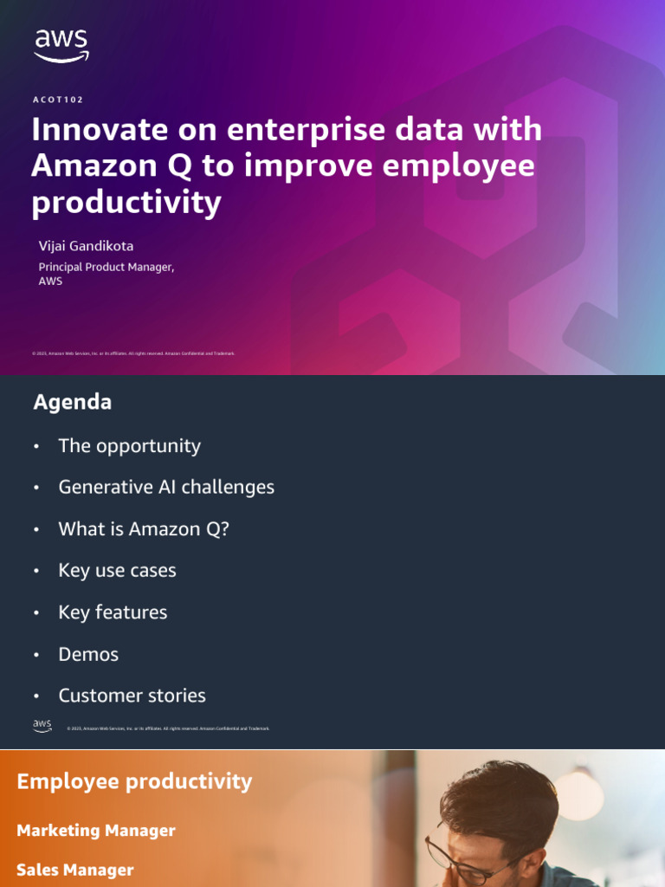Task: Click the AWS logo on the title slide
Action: tap(61, 46)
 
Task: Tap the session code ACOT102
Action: tap(58, 100)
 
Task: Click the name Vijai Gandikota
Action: tap(86, 246)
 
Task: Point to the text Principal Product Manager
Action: tap(106, 267)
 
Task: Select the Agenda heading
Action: tap(72, 402)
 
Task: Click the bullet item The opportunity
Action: tap(129, 446)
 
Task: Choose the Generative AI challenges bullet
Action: tap(166, 487)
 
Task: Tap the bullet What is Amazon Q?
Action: tap(144, 528)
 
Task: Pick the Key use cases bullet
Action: tap(117, 570)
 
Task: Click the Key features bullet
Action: tap(113, 612)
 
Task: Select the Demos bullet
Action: tap(88, 654)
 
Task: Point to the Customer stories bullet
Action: tap(132, 696)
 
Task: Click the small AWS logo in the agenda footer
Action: tap(42, 726)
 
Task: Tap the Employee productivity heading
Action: tap(134, 781)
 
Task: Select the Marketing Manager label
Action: tap(96, 831)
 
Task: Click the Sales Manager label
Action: tap(75, 870)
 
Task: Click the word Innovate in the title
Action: tap(87, 130)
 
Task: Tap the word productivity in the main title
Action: tap(126, 202)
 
